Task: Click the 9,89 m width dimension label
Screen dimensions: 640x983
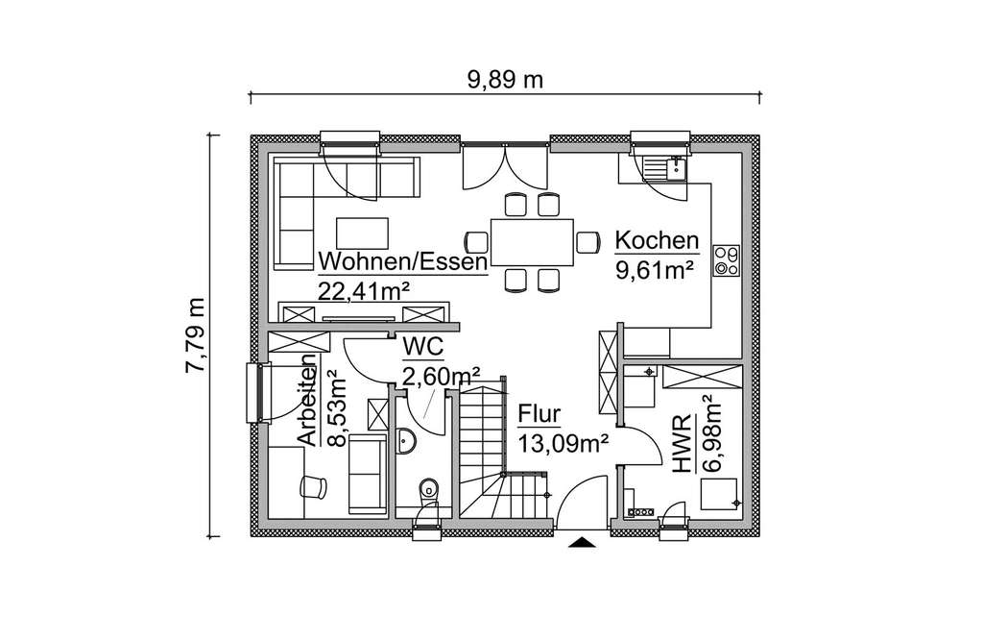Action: pos(506,80)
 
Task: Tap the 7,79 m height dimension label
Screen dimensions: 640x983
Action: pos(196,334)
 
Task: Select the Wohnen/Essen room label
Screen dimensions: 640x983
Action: pos(403,261)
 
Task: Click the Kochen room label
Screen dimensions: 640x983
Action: pos(657,240)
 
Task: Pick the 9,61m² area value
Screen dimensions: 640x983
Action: pos(655,270)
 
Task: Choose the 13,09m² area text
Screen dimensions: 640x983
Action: pos(563,444)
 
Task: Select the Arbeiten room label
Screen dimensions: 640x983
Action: pos(306,407)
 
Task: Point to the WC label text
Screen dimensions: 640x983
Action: pos(423,346)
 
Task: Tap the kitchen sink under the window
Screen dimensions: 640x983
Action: pos(664,169)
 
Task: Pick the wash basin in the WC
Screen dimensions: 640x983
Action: pos(406,441)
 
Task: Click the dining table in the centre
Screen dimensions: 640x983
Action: pos(532,241)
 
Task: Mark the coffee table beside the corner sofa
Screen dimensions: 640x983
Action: pos(362,233)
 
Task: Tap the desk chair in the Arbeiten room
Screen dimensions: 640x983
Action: pos(313,487)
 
